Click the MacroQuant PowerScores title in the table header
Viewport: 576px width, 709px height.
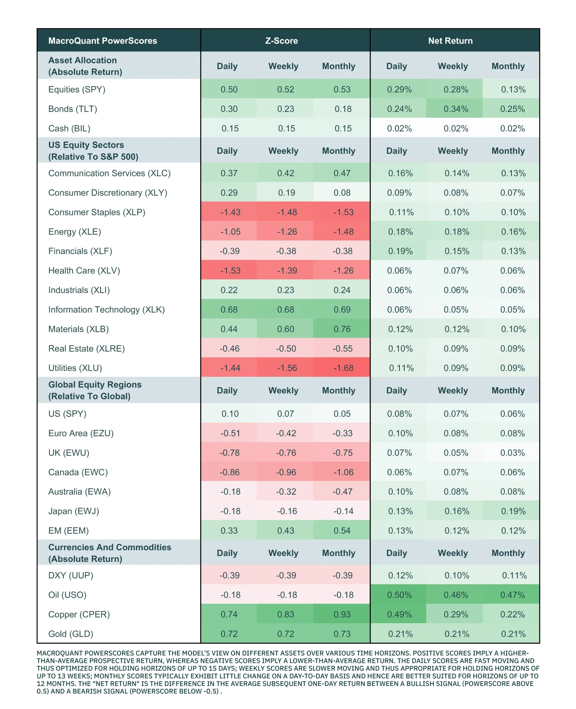pos(103,41)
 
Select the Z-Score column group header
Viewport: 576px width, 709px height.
pos(282,41)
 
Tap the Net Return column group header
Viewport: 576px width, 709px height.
pos(450,41)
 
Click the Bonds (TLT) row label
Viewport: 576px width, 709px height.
pos(73,109)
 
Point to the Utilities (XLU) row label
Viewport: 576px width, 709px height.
pos(75,368)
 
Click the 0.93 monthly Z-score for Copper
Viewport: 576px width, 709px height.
pos(342,614)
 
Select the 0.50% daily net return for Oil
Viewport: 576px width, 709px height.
pos(399,595)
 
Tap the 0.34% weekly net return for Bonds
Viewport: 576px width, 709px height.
pos(456,109)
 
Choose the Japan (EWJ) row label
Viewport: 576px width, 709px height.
pos(74,511)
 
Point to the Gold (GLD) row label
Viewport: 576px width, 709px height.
pos(71,634)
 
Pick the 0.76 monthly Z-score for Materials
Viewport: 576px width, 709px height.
pos(342,329)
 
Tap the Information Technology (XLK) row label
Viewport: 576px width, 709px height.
pos(107,310)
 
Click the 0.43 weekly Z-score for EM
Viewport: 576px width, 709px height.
pos(285,530)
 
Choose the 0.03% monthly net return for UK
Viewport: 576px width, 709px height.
pos(512,453)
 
